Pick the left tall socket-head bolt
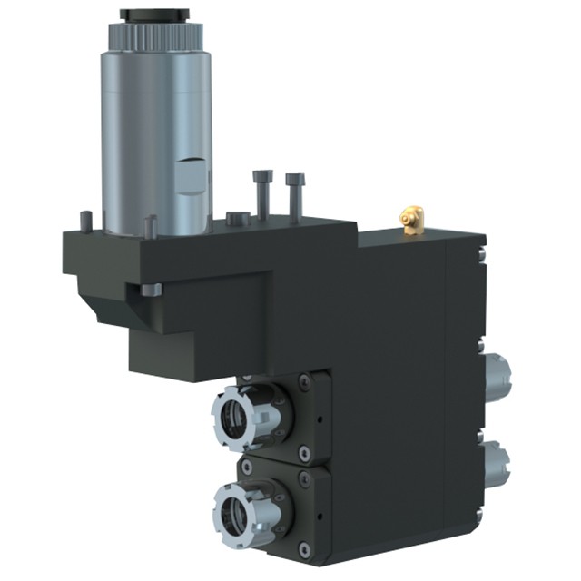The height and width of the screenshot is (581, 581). click(262, 193)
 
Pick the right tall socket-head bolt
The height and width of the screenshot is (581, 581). click(294, 192)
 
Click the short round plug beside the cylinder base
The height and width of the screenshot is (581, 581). click(236, 218)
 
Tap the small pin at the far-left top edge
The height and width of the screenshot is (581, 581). click(86, 220)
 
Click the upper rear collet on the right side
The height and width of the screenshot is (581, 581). click(497, 374)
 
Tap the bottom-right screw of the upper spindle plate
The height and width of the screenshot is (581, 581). click(304, 452)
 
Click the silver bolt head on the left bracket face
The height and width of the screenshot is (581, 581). click(150, 290)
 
